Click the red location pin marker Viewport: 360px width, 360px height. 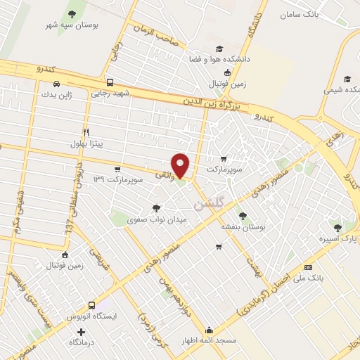click(181, 164)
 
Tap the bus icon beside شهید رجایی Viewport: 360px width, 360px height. click(109, 83)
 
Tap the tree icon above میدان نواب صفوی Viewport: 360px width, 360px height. click(155, 207)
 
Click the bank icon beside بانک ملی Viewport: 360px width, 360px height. click(308, 267)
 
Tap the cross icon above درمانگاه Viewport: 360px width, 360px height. click(82, 332)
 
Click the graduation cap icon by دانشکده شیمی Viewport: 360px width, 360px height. click(346, 79)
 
